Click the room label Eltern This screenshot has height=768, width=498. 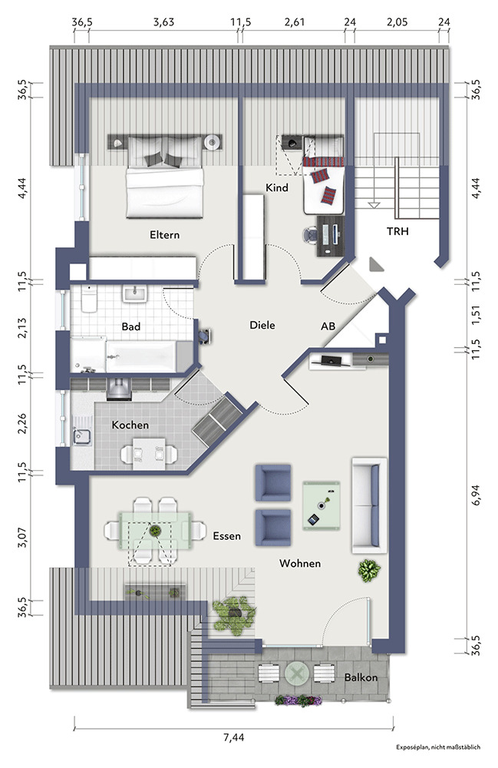click(164, 234)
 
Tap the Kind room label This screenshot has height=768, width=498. click(277, 187)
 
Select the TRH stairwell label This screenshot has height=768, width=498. click(397, 231)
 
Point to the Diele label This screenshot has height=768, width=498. click(262, 325)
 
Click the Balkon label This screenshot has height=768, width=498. click(361, 677)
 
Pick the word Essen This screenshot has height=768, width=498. click(227, 536)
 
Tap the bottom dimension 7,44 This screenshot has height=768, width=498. click(233, 737)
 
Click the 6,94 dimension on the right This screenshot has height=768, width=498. click(475, 495)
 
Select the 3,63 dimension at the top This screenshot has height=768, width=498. click(163, 22)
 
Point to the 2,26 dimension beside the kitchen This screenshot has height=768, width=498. click(22, 424)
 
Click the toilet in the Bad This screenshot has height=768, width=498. click(89, 299)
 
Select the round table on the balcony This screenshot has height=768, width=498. click(296, 674)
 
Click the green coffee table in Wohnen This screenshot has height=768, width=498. click(322, 506)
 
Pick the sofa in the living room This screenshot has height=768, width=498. click(369, 505)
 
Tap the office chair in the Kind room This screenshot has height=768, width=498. click(310, 234)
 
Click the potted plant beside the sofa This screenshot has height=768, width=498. click(369, 571)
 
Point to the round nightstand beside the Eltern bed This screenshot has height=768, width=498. click(213, 143)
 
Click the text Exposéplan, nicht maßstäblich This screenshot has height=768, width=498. click(438, 747)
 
